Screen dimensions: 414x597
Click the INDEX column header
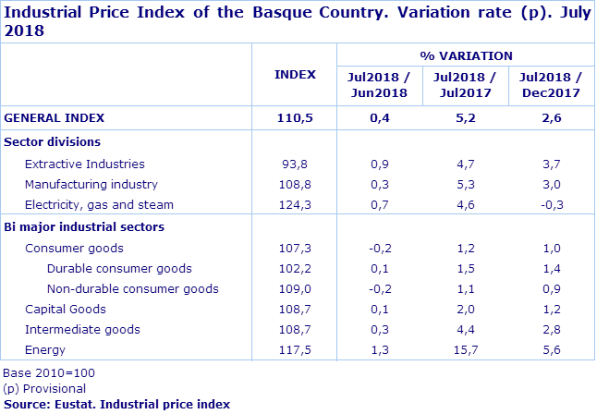(x=295, y=75)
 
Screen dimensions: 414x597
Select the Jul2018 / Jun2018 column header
(x=378, y=85)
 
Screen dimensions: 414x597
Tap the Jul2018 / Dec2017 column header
(x=550, y=85)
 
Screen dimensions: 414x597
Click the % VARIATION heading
(x=466, y=55)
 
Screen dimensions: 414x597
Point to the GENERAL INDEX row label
(x=55, y=117)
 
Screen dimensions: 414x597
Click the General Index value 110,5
(x=295, y=117)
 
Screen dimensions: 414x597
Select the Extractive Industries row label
(x=85, y=164)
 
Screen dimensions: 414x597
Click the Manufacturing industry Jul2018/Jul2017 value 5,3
(x=466, y=185)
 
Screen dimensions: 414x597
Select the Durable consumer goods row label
(x=119, y=269)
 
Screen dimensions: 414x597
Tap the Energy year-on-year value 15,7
(x=466, y=350)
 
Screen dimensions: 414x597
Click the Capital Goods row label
(x=66, y=310)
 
